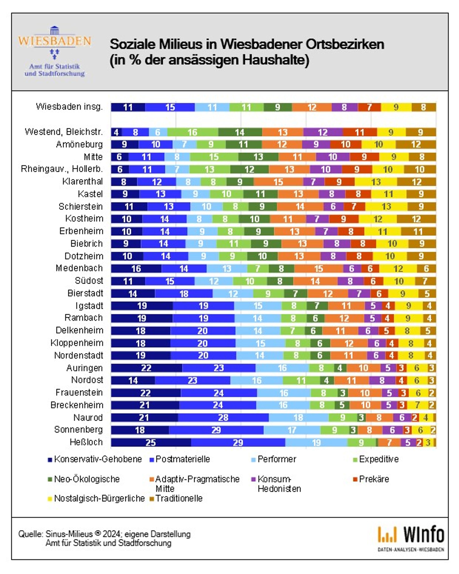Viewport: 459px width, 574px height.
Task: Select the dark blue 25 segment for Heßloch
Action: pyautogui.click(x=151, y=442)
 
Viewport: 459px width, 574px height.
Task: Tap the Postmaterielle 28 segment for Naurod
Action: pyautogui.click(x=223, y=417)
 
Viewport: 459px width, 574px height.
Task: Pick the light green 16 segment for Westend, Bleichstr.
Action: pyautogui.click(x=192, y=132)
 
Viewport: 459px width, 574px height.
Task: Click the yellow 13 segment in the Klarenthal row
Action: pyautogui.click(x=376, y=182)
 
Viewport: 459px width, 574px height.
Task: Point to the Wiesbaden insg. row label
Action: pyautogui.click(x=69, y=107)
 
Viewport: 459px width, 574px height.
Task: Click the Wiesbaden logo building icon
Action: pyautogui.click(x=55, y=30)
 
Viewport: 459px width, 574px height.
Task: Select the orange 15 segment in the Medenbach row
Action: pyautogui.click(x=319, y=269)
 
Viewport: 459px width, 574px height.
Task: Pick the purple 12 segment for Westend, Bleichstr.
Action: pyautogui.click(x=323, y=132)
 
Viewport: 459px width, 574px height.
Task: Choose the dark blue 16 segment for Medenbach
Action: pyautogui.click(x=136, y=269)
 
